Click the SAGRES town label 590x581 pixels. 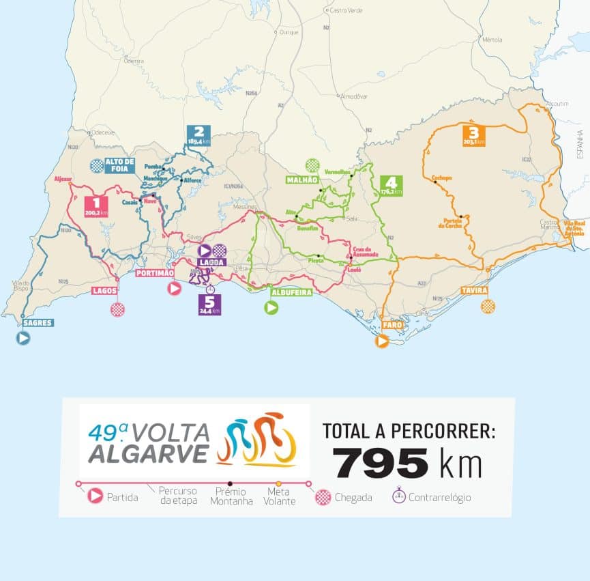tap(37, 323)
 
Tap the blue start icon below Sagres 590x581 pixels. tap(23, 338)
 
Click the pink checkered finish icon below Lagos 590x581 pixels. tap(117, 309)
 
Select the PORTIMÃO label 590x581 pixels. tap(156, 273)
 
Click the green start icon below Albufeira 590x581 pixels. tap(271, 308)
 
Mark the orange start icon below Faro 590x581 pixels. tap(382, 341)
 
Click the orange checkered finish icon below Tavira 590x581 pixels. tap(488, 307)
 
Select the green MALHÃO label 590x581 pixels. tap(302, 180)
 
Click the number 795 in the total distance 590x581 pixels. tap(382, 464)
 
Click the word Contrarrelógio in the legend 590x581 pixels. tap(439, 497)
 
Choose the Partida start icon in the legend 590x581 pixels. tap(95, 497)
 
